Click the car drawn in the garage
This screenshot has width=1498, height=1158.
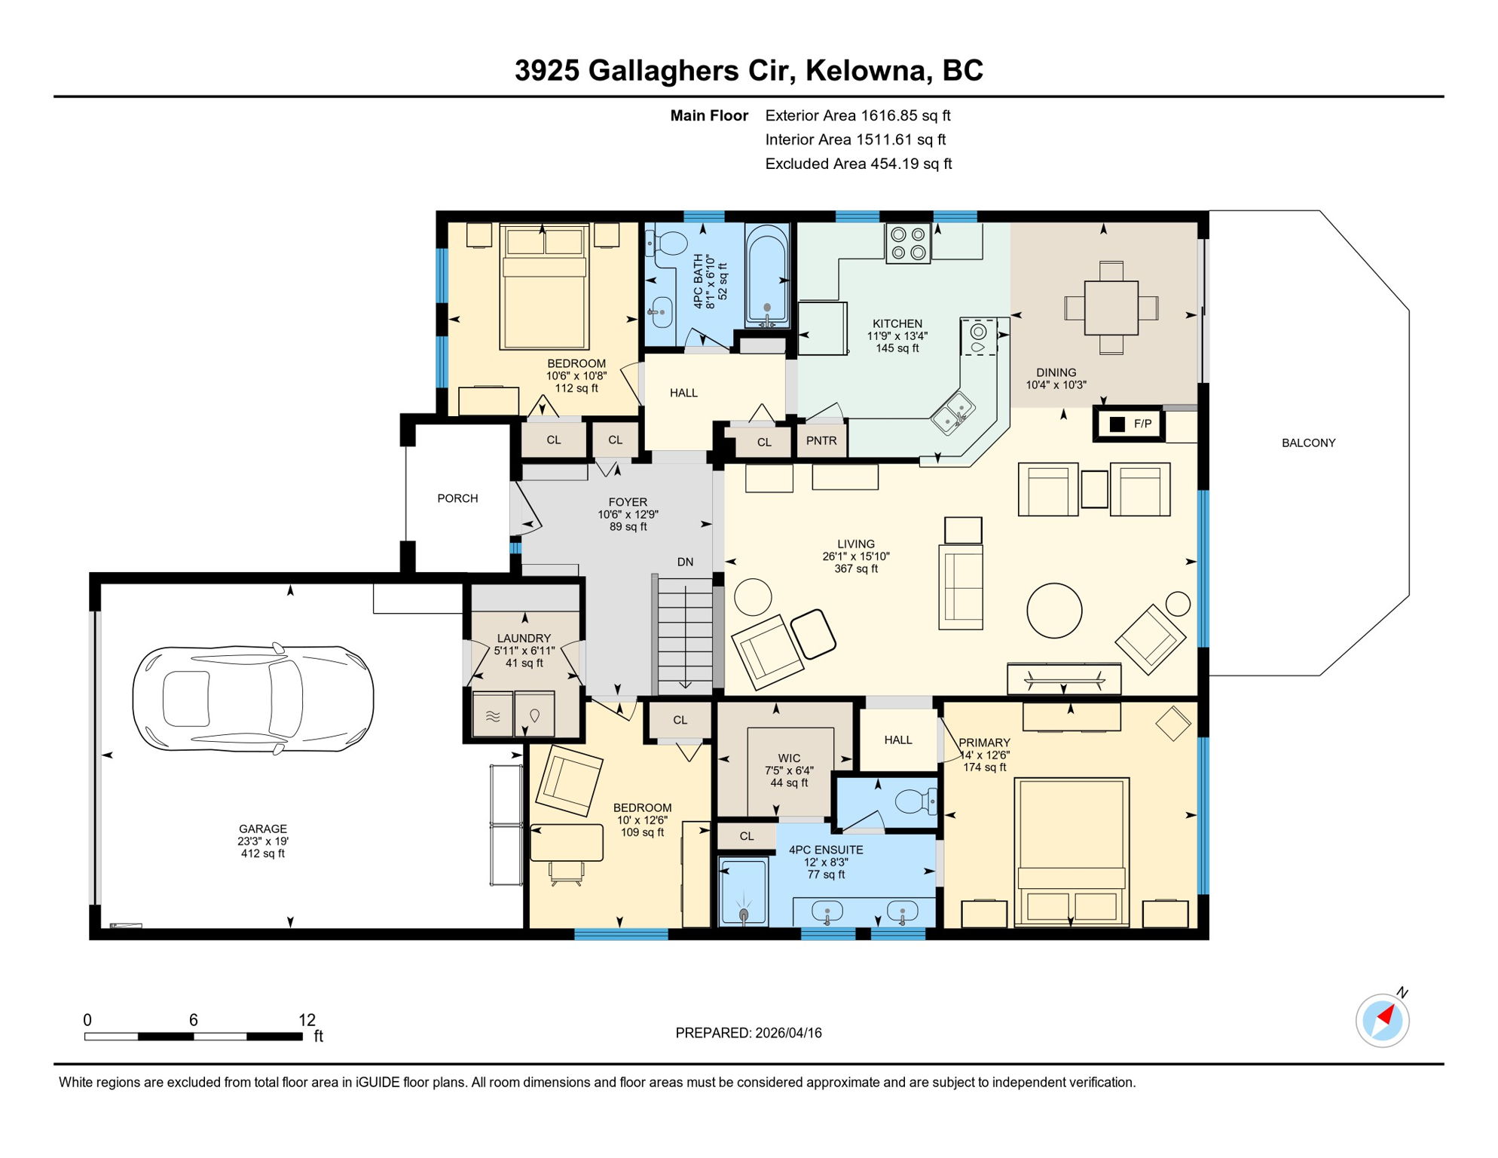(253, 698)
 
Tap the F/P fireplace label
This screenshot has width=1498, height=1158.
(1142, 424)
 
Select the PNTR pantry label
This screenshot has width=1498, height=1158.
(821, 441)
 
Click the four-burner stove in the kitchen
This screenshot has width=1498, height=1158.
(908, 244)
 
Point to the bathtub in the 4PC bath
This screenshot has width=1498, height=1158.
(767, 275)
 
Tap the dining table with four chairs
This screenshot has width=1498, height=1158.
(1111, 308)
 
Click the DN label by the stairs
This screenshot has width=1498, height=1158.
(685, 562)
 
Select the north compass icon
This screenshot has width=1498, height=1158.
(1382, 1021)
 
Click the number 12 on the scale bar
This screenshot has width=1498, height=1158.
(307, 1020)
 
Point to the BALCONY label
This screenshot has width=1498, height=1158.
(1308, 443)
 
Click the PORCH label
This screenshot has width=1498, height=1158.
(457, 498)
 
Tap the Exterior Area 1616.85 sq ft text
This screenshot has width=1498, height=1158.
(858, 115)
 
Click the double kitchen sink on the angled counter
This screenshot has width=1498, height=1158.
(951, 413)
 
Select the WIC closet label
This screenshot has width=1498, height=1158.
(789, 758)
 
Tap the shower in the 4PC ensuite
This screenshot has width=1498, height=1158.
(743, 892)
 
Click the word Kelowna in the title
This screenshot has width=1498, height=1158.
(866, 70)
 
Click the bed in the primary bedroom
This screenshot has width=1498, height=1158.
(1071, 852)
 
